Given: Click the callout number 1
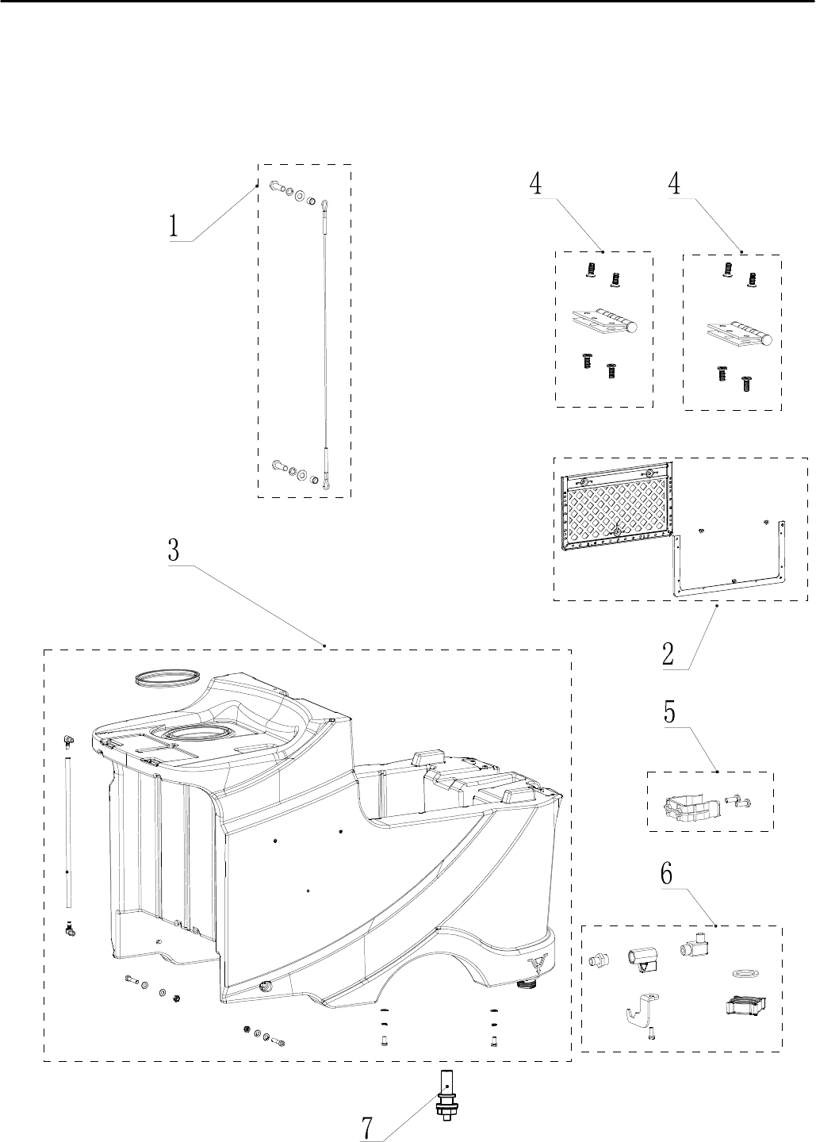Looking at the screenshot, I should (x=172, y=226).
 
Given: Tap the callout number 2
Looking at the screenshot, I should (x=669, y=654).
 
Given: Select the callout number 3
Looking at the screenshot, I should (x=174, y=550).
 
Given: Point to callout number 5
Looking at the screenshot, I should (x=670, y=711).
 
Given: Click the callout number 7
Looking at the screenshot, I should (x=367, y=1127).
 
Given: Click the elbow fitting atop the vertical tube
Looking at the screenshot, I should (x=68, y=740).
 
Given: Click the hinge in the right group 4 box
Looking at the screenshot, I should (x=740, y=334).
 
